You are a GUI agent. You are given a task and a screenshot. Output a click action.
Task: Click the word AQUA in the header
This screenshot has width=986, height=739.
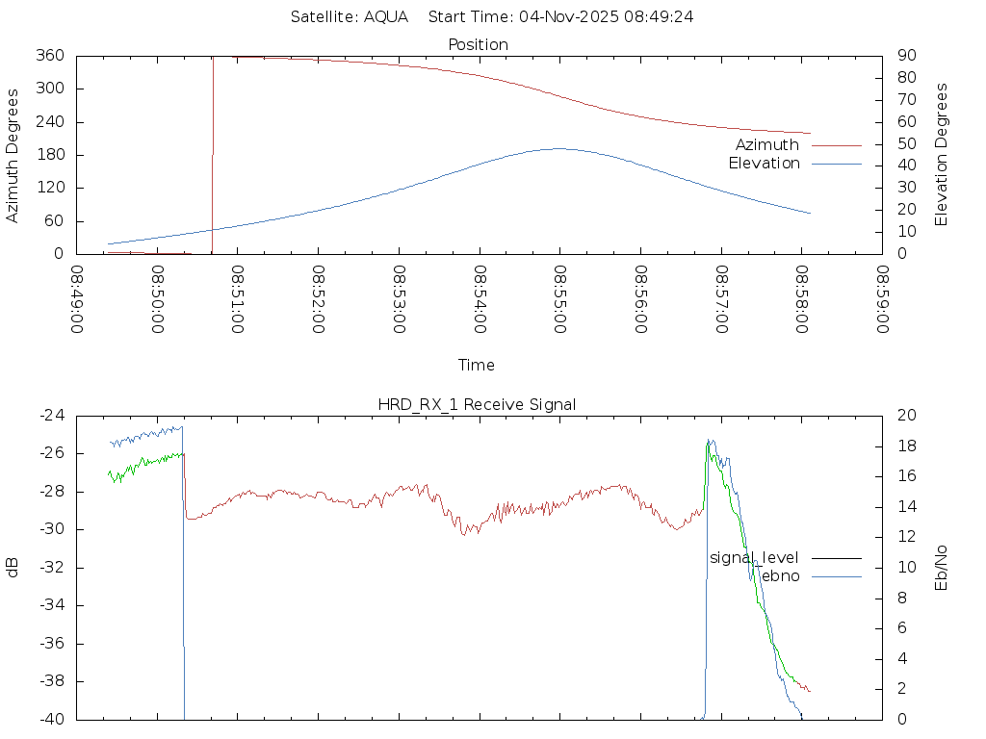386,16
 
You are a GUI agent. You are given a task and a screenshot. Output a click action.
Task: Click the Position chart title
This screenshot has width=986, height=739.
479,44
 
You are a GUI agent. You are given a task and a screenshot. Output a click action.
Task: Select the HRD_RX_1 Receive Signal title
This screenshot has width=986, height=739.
477,404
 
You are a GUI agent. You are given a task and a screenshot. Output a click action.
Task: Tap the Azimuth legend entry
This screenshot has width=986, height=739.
767,144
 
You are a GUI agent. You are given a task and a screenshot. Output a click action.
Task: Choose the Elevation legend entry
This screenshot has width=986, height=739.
764,164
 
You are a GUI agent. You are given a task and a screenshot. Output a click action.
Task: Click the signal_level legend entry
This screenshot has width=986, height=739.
754,557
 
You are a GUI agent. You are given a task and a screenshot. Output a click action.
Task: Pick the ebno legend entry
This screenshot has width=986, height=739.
780,575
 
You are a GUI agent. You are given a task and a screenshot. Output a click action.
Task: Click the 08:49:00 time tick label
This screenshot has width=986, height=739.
78,299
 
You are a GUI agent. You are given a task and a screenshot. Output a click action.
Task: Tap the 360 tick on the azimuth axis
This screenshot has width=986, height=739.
50,56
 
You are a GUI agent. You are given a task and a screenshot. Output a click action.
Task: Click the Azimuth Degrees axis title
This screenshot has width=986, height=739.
13,155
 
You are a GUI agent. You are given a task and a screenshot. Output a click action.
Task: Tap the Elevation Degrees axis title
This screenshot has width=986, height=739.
942,154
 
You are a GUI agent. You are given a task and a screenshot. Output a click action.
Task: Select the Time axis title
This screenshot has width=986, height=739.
477,365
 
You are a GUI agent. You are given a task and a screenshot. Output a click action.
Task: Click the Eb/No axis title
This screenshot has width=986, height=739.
942,568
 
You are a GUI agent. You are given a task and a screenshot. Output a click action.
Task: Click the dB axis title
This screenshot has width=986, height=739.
13,568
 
